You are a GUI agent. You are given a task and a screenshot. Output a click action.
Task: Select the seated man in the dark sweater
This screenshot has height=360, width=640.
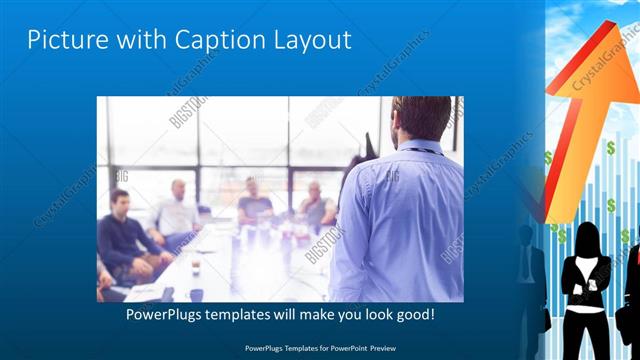coord(124,235)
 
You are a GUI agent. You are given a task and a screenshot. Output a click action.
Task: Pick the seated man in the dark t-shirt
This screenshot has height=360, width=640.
coord(253,205)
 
